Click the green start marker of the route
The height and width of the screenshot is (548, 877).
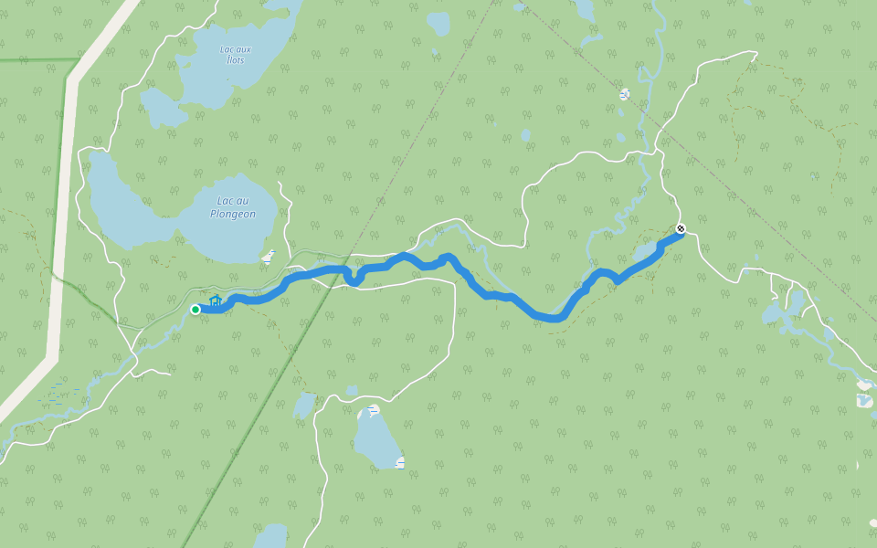[195, 310]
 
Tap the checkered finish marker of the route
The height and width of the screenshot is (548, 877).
[680, 228]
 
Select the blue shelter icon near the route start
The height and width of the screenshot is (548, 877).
[216, 300]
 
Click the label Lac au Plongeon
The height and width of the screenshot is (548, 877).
[232, 207]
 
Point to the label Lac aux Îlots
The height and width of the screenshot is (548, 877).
[236, 54]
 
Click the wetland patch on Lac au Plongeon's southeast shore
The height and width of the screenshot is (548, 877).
[268, 257]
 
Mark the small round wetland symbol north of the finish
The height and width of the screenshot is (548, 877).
[624, 94]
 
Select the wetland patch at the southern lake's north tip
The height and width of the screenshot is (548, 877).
[372, 410]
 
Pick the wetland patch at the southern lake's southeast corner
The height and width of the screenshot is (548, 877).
[399, 463]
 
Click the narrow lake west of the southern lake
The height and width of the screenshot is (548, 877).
[303, 405]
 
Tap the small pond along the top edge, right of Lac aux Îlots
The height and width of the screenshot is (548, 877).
[438, 22]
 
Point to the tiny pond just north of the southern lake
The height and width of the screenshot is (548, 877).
[352, 390]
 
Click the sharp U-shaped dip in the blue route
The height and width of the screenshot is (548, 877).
[351, 278]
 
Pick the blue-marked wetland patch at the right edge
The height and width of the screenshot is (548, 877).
[864, 400]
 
